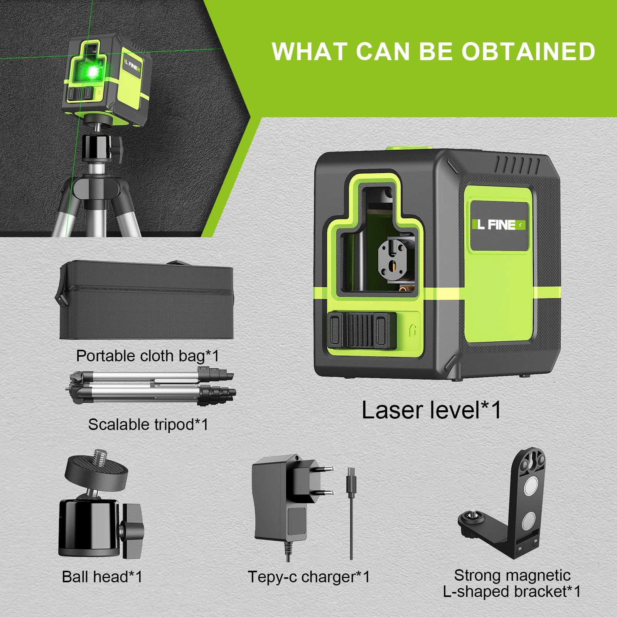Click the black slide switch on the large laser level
click(x=362, y=330)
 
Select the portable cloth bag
click(x=147, y=301)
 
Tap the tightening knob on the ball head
click(x=133, y=530)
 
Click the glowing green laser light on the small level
click(x=93, y=71)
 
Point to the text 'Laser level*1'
click(x=431, y=410)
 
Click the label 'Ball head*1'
click(x=102, y=577)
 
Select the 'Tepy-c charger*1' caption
click(x=308, y=577)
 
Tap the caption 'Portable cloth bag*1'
click(x=147, y=356)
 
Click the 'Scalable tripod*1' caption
click(x=148, y=425)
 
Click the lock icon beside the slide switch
click(x=412, y=330)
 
